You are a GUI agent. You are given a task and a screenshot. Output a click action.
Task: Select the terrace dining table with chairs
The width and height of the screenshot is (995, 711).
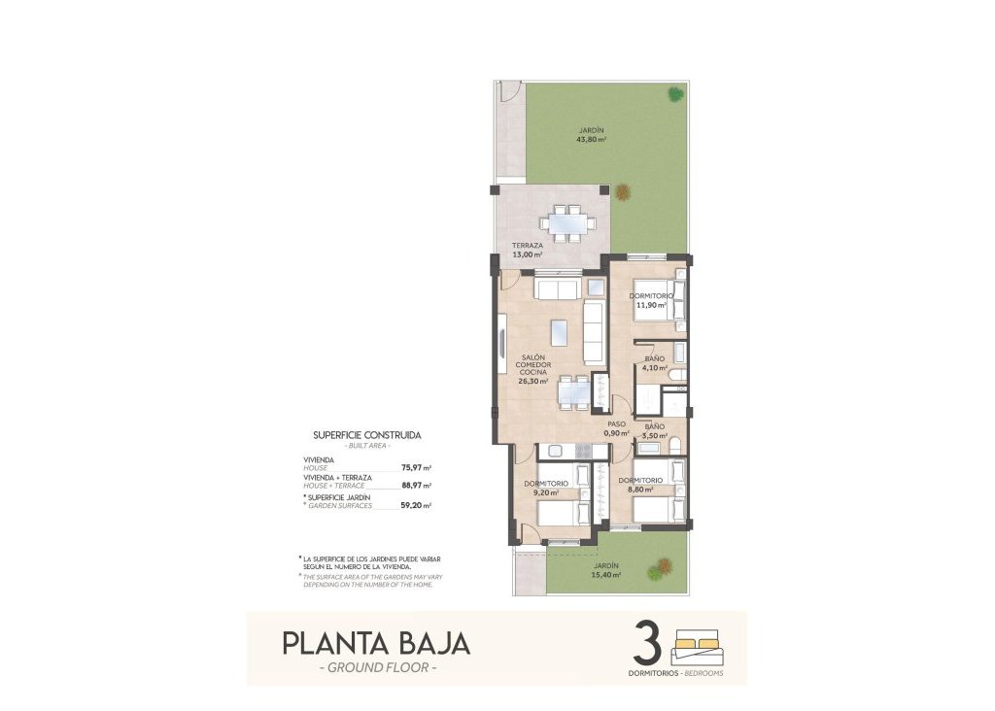point(570,222)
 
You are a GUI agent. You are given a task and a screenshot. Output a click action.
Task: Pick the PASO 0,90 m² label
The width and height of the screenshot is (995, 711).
point(617,428)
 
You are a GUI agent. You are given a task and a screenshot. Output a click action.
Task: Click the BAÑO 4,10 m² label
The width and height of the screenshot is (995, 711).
point(655,364)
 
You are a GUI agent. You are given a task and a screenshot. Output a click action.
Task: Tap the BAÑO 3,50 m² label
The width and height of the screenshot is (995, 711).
point(654,430)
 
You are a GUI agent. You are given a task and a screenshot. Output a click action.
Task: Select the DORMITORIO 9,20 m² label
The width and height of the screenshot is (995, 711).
point(545,488)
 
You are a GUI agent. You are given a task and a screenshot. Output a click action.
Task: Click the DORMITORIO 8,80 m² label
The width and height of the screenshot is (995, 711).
point(640,485)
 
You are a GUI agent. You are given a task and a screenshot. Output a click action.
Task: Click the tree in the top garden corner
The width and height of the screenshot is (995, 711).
point(674,93)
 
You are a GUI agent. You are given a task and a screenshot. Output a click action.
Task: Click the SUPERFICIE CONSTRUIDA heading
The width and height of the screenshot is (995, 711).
point(367,436)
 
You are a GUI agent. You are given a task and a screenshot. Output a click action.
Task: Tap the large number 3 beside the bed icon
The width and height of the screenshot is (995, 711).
point(648,643)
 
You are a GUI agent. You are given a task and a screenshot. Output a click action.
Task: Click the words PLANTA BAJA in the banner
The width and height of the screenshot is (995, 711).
point(376,643)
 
